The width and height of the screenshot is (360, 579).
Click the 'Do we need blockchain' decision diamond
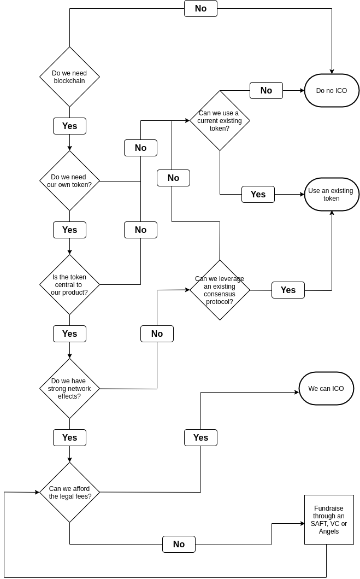(69, 77)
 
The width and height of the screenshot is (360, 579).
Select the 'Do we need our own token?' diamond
(69, 180)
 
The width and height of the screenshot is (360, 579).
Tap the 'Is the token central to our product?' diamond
(69, 284)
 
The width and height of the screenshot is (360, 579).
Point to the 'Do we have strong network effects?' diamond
(69, 388)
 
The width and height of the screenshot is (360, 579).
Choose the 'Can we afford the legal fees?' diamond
(69, 492)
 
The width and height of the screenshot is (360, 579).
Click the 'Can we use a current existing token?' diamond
(220, 120)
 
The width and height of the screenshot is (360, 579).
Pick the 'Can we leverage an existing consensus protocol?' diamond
(220, 290)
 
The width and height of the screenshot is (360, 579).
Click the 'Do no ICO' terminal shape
(332, 90)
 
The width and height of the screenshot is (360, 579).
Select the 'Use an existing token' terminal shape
(332, 194)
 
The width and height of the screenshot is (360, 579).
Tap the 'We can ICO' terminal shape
(326, 388)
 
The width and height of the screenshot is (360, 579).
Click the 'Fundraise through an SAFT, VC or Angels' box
(329, 519)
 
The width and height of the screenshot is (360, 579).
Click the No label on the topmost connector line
(200, 8)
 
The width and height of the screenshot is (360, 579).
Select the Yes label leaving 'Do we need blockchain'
(69, 126)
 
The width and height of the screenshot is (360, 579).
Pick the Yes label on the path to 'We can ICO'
(200, 437)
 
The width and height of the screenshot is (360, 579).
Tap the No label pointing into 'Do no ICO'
(266, 90)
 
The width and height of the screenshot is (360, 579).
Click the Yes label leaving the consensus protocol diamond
(288, 290)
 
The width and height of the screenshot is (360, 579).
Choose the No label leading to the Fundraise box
(179, 544)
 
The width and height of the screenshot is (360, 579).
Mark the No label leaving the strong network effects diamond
(157, 334)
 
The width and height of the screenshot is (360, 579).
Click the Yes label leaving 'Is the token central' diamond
(69, 334)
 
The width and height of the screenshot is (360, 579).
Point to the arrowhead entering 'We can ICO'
(297, 392)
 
